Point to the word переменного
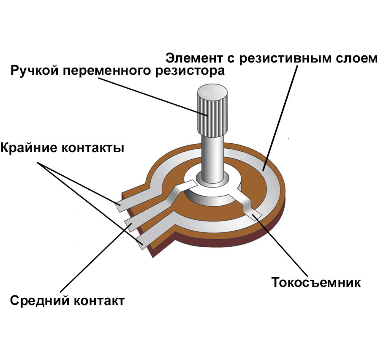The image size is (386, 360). point(106,71)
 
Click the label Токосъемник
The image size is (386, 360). point(316,282)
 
